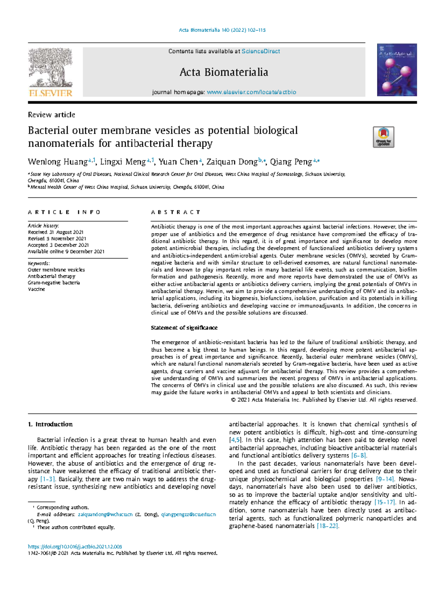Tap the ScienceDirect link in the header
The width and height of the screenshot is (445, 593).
click(261, 52)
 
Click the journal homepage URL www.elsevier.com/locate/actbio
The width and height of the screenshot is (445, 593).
click(251, 92)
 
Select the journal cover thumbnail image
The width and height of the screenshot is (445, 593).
click(397, 70)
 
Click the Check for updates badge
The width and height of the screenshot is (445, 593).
click(383, 137)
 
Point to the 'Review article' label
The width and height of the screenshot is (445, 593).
click(52, 115)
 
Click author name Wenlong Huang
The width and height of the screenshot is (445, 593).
click(57, 162)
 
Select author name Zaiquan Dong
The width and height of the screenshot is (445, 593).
click(232, 162)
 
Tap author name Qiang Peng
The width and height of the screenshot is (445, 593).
click(291, 162)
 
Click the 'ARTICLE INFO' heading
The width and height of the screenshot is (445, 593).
click(64, 212)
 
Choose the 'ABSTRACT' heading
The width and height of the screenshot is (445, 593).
click(175, 212)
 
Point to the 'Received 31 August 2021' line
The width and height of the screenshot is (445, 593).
click(56, 232)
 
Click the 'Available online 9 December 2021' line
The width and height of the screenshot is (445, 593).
click(66, 252)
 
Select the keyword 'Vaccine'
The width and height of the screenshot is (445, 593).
click(36, 289)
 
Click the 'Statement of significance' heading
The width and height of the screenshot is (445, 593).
click(184, 328)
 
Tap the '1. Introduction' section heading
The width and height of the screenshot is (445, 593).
click(50, 424)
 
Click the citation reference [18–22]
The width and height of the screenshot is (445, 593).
click(327, 526)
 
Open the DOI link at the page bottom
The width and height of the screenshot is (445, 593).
click(75, 547)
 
